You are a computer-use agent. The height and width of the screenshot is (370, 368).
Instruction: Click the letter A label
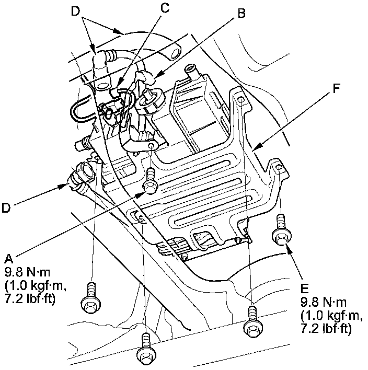(8, 258)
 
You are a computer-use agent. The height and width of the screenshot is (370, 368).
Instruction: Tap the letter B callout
(241, 14)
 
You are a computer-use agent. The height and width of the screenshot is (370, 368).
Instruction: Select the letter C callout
(166, 7)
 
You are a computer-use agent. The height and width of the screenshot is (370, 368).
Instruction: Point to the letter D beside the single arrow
(6, 207)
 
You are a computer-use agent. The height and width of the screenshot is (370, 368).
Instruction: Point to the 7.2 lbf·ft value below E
(325, 329)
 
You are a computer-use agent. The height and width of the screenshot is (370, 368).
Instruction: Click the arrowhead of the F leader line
(255, 149)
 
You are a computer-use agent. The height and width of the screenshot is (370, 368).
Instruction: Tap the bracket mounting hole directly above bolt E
(279, 168)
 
